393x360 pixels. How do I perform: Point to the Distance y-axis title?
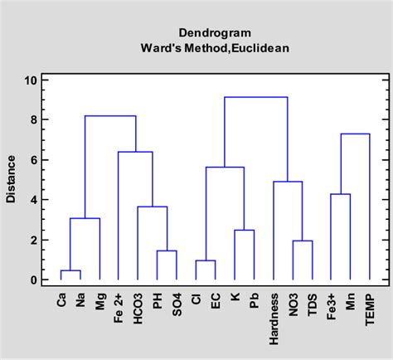click(x=11, y=180)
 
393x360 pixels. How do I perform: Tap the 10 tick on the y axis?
click(x=32, y=80)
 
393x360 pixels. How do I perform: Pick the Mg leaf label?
click(x=99, y=303)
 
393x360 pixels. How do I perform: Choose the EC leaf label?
click(x=216, y=302)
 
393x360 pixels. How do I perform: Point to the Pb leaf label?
click(x=254, y=302)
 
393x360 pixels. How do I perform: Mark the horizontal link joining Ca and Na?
click(x=70, y=270)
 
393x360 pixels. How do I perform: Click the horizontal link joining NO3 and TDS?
click(x=302, y=241)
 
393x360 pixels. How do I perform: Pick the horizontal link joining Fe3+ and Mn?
click(x=341, y=194)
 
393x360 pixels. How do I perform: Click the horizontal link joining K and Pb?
click(x=244, y=230)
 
